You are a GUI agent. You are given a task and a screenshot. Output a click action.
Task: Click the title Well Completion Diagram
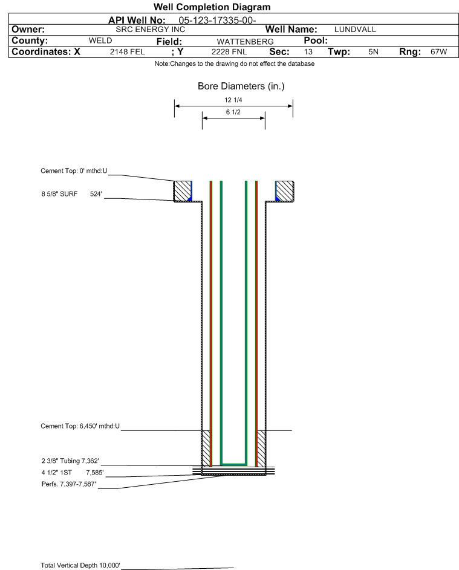pos(212,7)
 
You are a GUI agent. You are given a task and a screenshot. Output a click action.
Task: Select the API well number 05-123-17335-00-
pos(217,21)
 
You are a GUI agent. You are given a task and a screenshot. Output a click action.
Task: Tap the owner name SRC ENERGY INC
pos(150,30)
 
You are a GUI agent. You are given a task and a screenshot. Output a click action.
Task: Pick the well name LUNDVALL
pos(355,30)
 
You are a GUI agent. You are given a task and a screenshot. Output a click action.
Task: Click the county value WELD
pos(100,40)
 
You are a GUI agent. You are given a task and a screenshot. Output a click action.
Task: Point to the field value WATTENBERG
pos(245,42)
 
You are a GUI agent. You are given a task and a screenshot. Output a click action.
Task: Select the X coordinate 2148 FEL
pos(127,51)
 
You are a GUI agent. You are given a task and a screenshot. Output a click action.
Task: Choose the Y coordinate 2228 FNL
pos(229,51)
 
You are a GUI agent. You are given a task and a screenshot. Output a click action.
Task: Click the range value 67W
pos(438,51)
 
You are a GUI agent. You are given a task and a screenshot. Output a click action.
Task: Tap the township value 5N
pos(373,51)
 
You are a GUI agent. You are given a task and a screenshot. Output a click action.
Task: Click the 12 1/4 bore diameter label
pos(233,100)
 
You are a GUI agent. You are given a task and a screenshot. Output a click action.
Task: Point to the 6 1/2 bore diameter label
pos(233,112)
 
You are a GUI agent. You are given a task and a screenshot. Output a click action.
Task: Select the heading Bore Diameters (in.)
pos(241,86)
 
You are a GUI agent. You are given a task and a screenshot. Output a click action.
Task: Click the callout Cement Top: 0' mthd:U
pos(74,171)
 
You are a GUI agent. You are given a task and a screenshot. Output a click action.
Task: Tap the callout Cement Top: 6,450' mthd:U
pos(80,426)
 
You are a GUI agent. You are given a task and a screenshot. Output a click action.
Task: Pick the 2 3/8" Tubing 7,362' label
pos(70,461)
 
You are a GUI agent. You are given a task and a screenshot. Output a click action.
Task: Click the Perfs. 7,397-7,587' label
pos(69,484)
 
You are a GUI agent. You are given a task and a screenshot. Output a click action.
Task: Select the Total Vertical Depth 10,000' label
pos(80,565)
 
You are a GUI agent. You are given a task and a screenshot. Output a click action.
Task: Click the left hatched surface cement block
pos(183,191)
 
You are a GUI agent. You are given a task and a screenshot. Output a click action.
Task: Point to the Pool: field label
pos(316,40)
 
